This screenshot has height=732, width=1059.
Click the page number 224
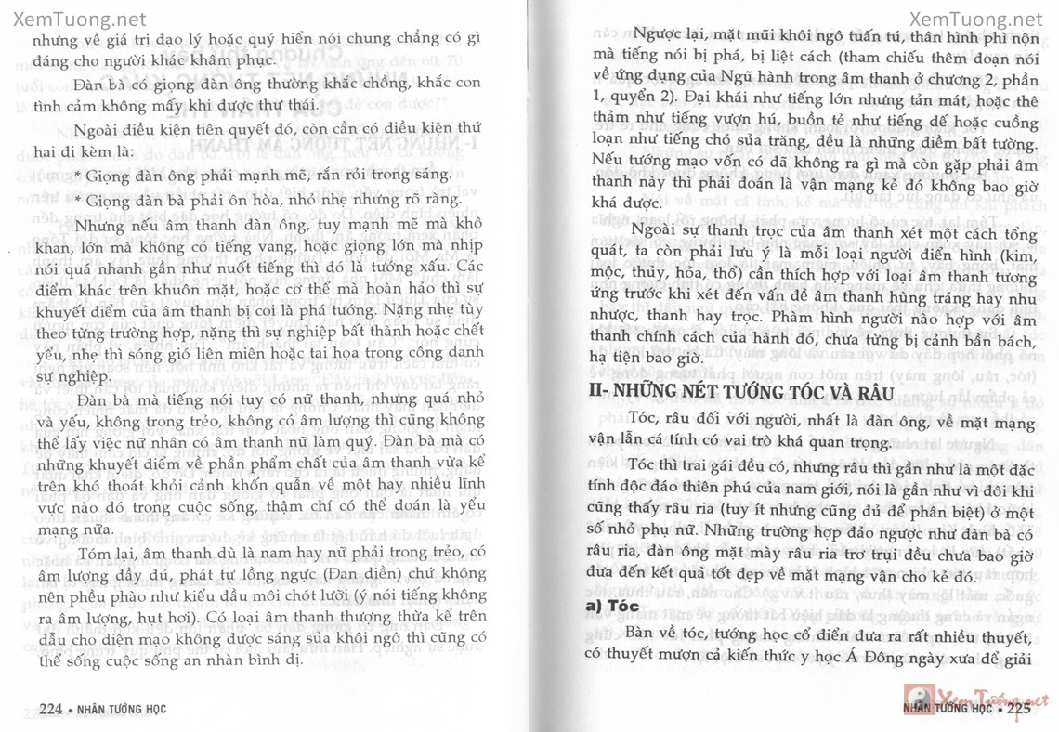(x=50, y=709)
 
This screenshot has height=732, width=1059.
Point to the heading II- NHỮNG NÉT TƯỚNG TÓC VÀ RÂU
(x=741, y=393)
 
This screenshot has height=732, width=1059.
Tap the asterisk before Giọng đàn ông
(x=77, y=175)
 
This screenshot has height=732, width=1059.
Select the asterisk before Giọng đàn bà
(x=77, y=201)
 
